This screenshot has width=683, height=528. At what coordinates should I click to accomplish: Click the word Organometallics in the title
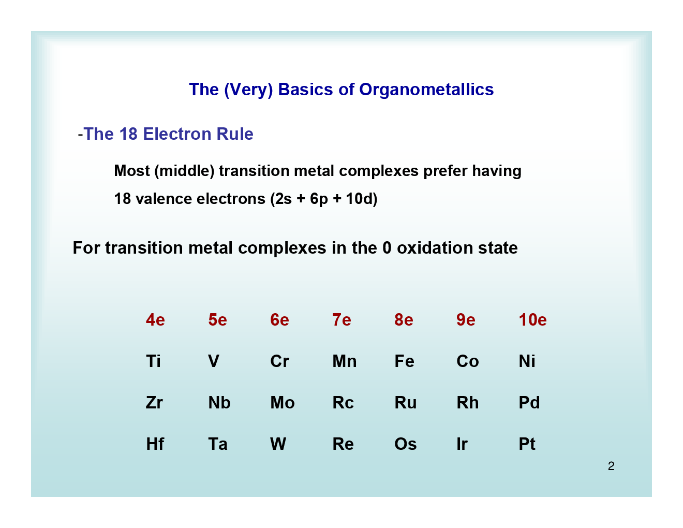(x=426, y=90)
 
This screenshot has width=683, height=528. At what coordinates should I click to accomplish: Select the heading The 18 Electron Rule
(x=168, y=134)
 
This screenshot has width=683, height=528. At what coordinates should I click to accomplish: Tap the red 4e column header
(x=155, y=320)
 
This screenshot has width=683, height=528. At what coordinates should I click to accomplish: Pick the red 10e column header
(x=532, y=320)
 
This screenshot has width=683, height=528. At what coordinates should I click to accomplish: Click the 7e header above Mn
(x=341, y=320)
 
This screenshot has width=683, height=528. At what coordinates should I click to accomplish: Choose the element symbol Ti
(x=153, y=361)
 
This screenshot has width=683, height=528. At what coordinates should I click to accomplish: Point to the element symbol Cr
(x=279, y=361)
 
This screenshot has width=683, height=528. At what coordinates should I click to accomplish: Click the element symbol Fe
(x=404, y=361)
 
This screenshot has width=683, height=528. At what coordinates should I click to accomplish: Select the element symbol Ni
(x=527, y=361)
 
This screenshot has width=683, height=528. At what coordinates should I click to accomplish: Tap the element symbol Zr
(x=154, y=403)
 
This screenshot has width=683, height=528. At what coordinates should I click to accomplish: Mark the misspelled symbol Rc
(x=343, y=403)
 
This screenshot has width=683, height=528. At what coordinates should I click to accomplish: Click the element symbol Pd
(x=529, y=403)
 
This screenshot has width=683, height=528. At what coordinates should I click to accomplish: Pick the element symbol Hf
(x=155, y=444)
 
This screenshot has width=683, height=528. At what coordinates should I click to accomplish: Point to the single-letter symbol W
(x=278, y=444)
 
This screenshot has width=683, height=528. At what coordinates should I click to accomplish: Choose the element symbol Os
(x=405, y=444)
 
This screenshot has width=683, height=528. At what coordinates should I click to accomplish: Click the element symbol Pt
(x=527, y=444)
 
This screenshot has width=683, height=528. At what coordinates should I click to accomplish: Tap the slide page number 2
(x=611, y=466)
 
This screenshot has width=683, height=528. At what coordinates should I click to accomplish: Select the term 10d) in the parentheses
(x=361, y=199)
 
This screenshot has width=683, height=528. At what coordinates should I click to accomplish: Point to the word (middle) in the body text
(x=184, y=171)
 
